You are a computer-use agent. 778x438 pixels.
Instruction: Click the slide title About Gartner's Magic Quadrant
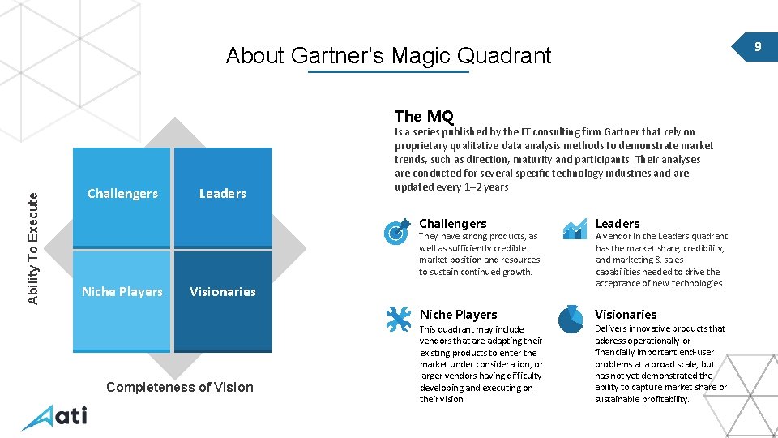tap(388, 56)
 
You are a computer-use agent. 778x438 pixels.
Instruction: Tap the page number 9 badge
tap(757, 47)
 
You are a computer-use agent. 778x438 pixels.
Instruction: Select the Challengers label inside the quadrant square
tap(122, 194)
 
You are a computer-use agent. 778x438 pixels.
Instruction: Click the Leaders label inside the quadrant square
tap(223, 194)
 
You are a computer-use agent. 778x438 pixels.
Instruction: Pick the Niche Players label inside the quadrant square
tap(122, 292)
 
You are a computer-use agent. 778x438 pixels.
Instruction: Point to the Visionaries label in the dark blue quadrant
tap(223, 292)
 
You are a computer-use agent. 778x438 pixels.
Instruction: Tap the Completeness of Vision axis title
tap(180, 388)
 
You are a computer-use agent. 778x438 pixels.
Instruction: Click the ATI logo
tap(54, 417)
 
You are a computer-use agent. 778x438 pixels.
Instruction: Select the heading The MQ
tap(424, 116)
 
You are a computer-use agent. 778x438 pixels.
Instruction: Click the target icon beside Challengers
tap(396, 231)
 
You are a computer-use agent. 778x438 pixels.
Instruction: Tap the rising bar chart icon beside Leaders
tap(574, 230)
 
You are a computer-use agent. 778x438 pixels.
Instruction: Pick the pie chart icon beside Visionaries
tap(572, 320)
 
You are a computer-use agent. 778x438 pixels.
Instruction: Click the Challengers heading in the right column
tap(453, 224)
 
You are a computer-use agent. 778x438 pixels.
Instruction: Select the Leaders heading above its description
tap(618, 224)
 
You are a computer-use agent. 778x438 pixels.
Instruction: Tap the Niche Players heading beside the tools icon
tap(459, 315)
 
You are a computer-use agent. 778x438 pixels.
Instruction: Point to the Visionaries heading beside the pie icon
tap(626, 315)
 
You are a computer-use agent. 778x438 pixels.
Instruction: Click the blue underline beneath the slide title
tap(388, 72)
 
